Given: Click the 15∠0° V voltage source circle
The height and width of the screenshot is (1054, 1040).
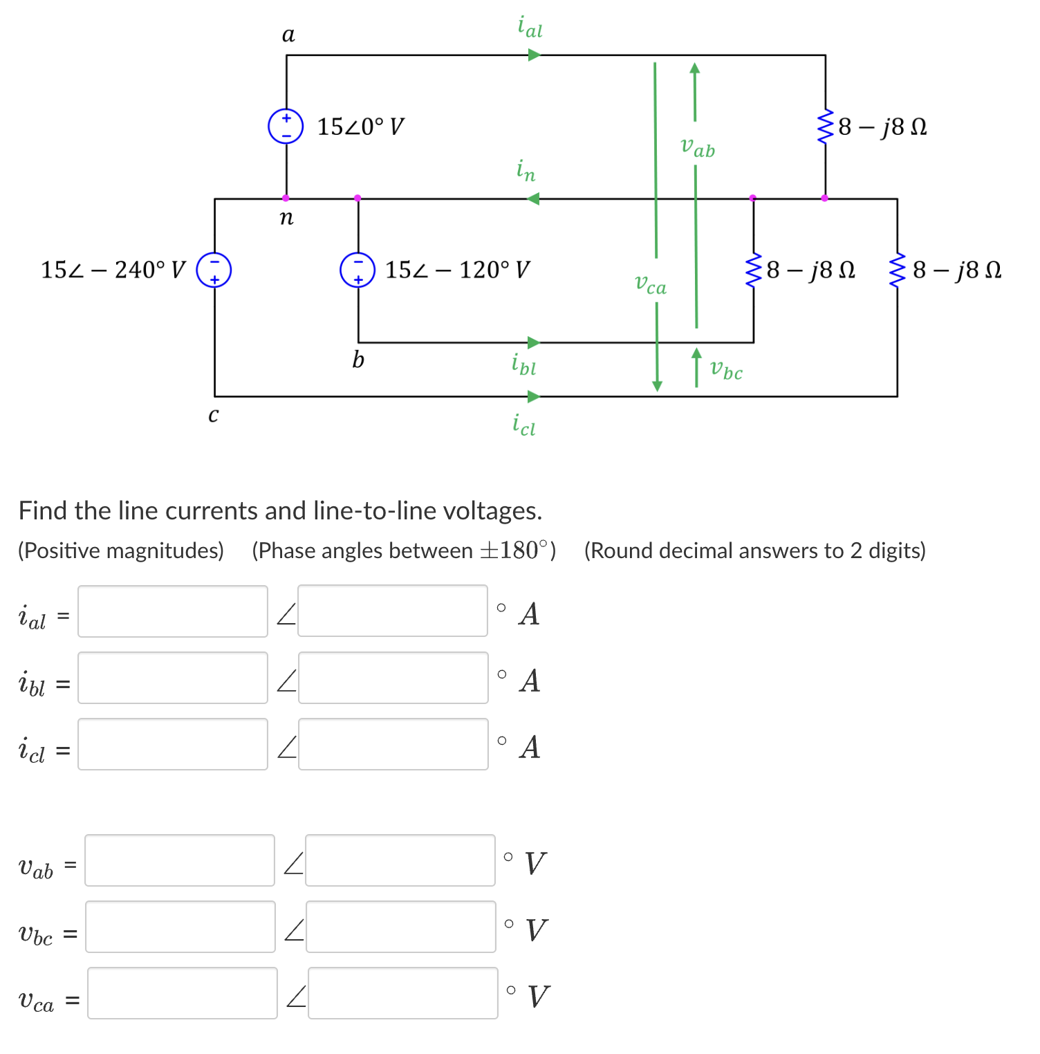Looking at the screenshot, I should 286,126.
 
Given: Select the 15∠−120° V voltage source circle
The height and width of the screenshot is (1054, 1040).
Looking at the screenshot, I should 357,270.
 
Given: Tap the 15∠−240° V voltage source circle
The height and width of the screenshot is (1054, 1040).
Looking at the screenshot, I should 214,270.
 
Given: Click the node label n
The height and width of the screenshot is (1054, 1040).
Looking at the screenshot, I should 286,218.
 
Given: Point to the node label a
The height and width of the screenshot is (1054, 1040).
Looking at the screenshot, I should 288,34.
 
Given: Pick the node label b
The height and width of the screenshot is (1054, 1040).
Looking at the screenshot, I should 357,360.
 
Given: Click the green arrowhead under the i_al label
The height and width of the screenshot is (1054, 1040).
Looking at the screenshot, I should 534,55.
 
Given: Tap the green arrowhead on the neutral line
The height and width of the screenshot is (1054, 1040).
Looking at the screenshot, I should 532,199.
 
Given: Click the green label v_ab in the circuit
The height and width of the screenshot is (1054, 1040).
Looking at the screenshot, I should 697,147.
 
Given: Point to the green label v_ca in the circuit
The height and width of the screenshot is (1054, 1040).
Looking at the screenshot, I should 650,284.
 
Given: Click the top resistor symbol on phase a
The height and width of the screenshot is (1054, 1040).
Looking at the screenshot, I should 824,126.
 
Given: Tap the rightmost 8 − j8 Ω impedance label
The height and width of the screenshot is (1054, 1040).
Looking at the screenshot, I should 956,270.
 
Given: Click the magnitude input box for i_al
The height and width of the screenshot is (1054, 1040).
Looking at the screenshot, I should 173,611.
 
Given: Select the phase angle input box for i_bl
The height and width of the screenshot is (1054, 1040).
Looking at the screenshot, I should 393,678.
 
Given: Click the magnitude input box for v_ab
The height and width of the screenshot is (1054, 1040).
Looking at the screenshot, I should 180,860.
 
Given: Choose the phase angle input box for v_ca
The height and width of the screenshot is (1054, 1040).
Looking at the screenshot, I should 402,993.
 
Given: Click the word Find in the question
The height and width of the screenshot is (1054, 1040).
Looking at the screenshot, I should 44,510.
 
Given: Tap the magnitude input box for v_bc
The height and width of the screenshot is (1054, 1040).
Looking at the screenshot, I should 180,927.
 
